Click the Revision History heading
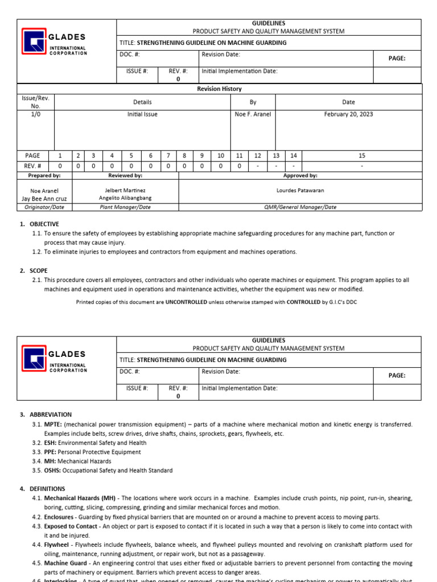click(x=219, y=89)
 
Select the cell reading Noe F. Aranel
click(x=253, y=114)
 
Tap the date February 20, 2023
click(x=348, y=114)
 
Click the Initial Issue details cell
click(x=142, y=114)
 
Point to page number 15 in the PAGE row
click(x=362, y=155)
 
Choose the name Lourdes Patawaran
click(x=300, y=190)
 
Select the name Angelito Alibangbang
click(x=125, y=198)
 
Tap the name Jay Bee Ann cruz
click(x=44, y=199)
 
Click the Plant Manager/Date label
click(x=125, y=207)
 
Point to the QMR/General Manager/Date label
click(x=300, y=207)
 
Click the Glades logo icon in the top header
click(x=34, y=41)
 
